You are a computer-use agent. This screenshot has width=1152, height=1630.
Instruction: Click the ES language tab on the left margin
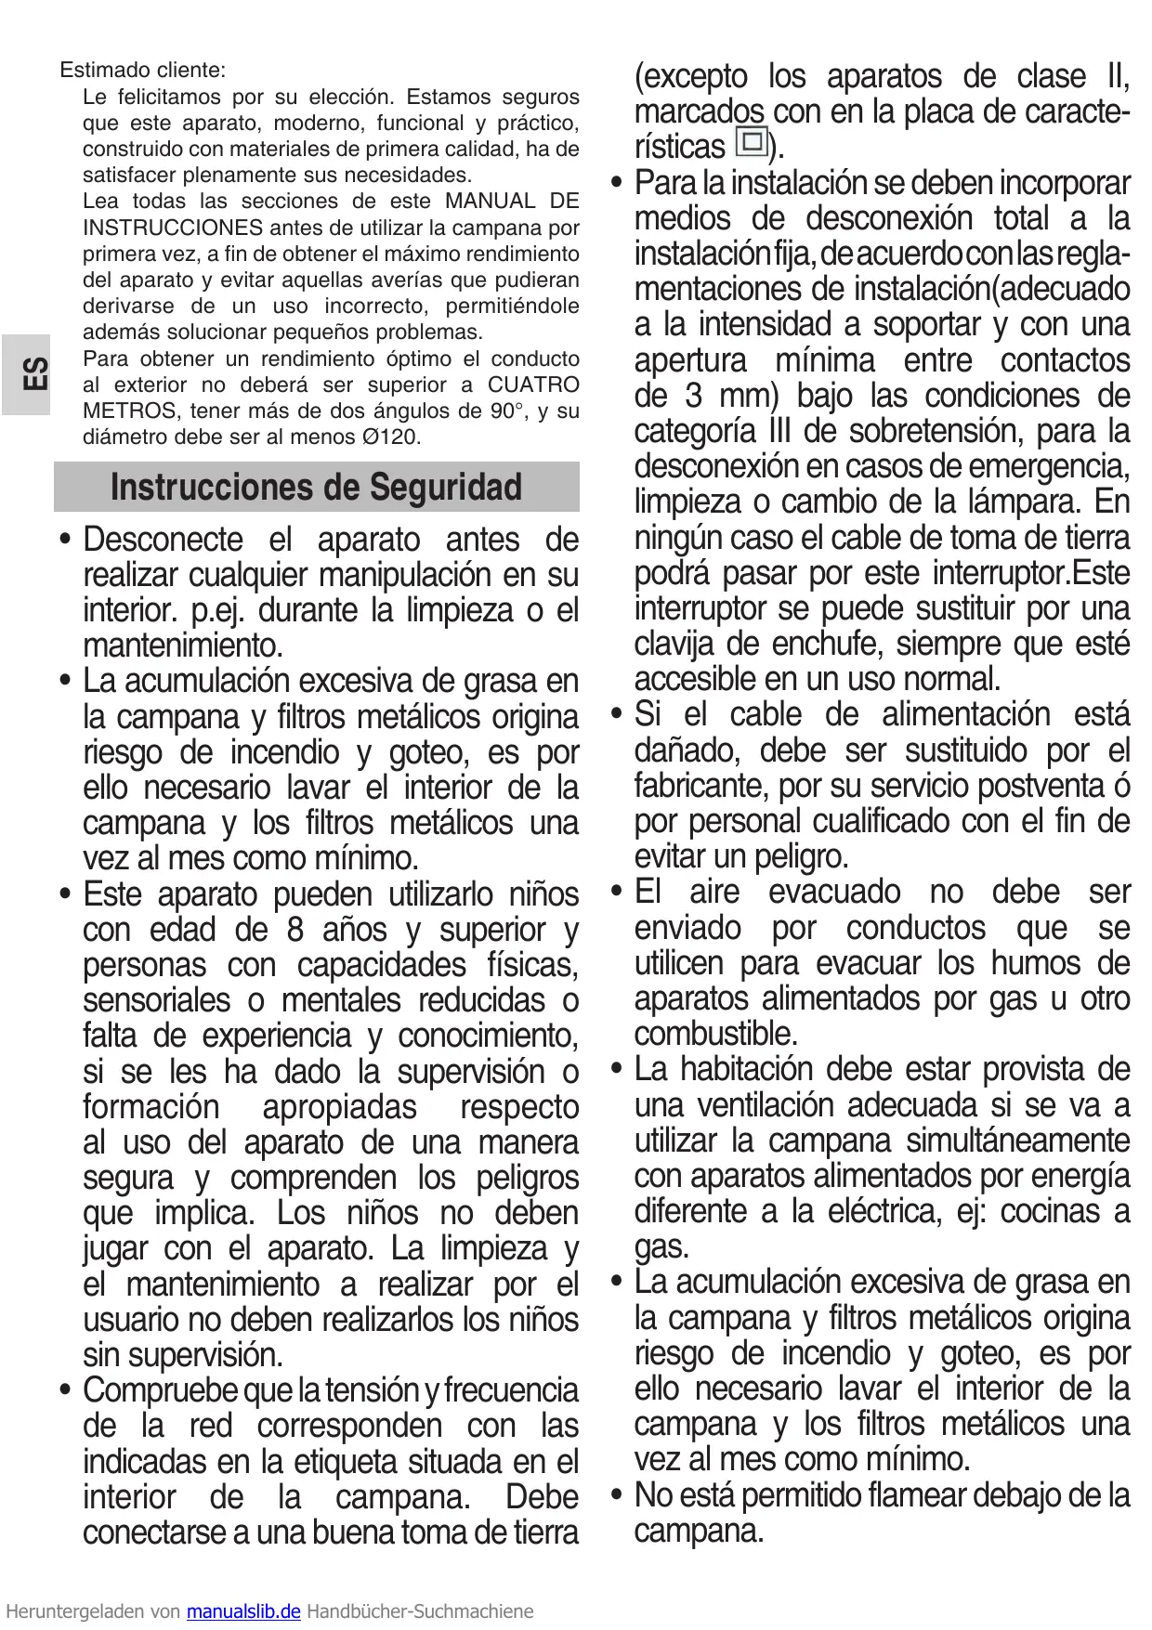click(x=33, y=374)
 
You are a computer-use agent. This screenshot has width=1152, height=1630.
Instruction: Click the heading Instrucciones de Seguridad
click(x=316, y=487)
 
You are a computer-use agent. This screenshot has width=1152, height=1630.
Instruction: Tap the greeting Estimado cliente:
click(x=142, y=70)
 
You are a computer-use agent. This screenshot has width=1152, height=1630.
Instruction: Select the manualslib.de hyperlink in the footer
click(x=243, y=1611)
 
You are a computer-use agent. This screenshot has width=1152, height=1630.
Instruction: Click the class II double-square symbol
click(x=751, y=143)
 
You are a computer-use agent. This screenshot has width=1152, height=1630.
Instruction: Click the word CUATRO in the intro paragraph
click(x=533, y=385)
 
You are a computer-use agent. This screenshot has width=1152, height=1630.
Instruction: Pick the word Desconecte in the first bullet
click(x=163, y=540)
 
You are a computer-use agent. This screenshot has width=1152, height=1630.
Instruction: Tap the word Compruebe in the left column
click(x=160, y=1390)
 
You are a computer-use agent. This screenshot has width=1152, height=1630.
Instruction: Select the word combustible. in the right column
click(x=715, y=1034)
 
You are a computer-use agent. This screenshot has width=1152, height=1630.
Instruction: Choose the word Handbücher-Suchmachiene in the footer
click(x=420, y=1611)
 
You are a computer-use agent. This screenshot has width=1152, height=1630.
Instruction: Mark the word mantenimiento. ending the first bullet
click(x=182, y=645)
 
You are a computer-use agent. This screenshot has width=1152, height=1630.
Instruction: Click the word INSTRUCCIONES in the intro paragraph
click(x=173, y=228)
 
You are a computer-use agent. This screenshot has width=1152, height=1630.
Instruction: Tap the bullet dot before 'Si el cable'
click(x=616, y=715)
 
